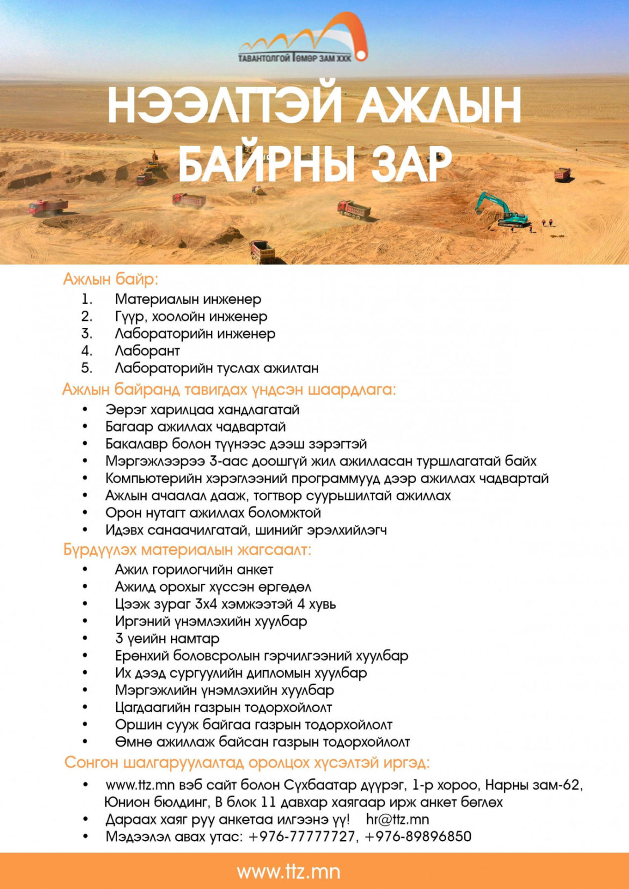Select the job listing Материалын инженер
click(188, 299)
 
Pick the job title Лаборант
click(147, 350)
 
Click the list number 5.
click(87, 368)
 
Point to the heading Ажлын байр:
click(111, 279)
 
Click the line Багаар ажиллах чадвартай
click(195, 427)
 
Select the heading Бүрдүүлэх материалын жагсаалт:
click(187, 550)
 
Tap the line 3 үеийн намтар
click(167, 639)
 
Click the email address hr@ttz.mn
click(397, 819)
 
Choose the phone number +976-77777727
click(302, 836)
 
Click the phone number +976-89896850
click(418, 836)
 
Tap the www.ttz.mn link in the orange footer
click(288, 871)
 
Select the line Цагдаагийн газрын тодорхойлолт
click(223, 707)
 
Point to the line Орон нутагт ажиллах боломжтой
click(213, 513)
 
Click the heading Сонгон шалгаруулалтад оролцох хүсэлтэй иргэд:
click(247, 763)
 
